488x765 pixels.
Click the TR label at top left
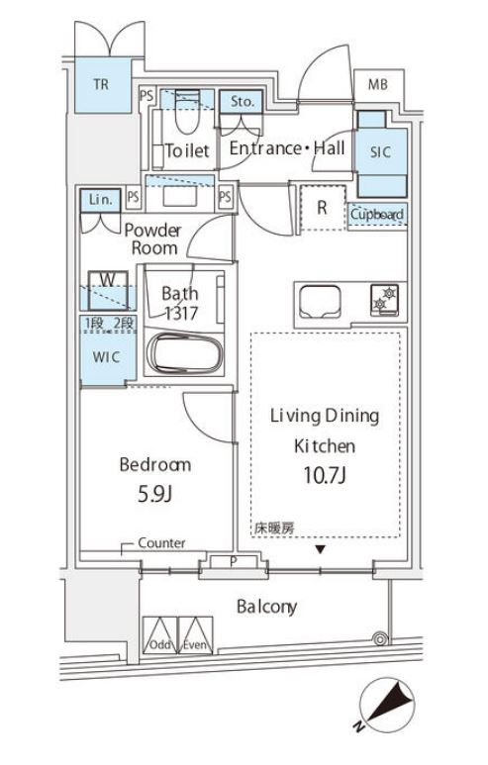coord(102,85)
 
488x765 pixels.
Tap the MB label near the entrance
coord(379,85)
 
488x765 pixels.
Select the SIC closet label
coord(380,151)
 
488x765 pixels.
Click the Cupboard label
coord(376,214)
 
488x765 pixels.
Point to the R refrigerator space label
coord(322,208)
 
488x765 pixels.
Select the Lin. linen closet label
coord(101,198)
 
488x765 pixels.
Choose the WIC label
coord(107,356)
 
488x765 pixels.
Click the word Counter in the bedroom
coord(161,543)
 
